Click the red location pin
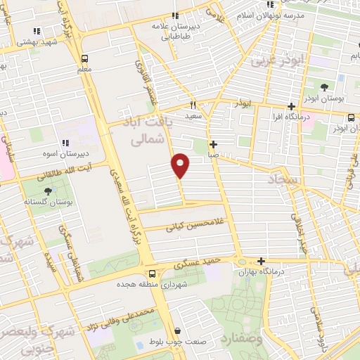pos(181,165)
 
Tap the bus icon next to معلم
pos(84,59)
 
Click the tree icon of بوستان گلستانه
pos(48,191)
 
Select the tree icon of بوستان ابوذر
pos(324,88)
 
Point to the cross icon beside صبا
pos(214,144)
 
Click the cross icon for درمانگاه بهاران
pos(262,260)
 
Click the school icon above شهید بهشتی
pos(37,31)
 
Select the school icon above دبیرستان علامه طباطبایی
pos(175,15)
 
